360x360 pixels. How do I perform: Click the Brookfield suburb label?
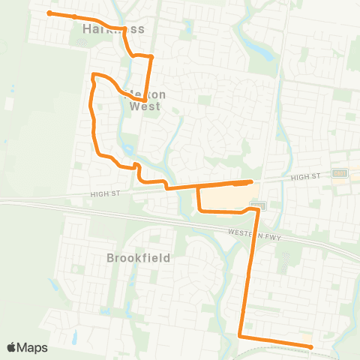point(139,257)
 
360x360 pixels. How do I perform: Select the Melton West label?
point(144,100)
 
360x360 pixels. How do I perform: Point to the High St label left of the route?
point(103,194)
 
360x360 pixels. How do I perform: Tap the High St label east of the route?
point(305,175)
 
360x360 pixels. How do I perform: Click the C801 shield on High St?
point(340,172)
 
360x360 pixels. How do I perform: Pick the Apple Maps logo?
point(27,347)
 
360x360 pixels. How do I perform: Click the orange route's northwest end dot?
point(49,13)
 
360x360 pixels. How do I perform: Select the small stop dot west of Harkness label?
point(75,16)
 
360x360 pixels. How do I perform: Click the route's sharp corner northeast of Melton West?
point(151,56)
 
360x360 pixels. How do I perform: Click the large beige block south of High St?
point(225,197)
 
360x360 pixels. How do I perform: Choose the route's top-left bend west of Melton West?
point(94,74)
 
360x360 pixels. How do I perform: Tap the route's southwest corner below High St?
point(199,210)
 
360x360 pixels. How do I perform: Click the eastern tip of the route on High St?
point(250,181)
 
